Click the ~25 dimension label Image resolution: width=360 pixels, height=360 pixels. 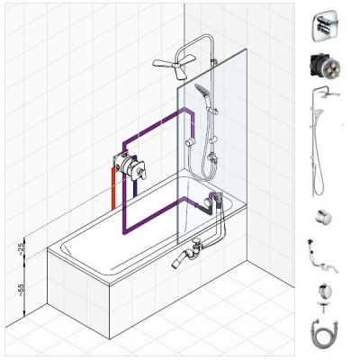(21, 248)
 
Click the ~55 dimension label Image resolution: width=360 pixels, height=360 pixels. (21, 290)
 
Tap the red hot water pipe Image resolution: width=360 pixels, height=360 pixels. (113, 188)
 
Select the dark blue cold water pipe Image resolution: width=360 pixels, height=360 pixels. (135, 178)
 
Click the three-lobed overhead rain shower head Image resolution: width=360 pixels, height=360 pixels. (174, 65)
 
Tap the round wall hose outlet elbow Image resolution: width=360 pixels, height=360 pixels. (190, 142)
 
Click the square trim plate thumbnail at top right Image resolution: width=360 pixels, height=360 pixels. (325, 27)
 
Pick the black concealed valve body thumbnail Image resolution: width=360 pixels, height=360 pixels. (325, 66)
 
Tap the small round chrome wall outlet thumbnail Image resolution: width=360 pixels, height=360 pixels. (324, 217)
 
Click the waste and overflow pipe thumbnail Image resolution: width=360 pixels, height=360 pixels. (322, 256)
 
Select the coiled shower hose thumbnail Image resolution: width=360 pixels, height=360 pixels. (325, 331)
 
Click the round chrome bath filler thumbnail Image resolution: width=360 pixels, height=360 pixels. (325, 291)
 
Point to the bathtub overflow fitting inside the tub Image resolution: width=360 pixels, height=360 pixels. (207, 202)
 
